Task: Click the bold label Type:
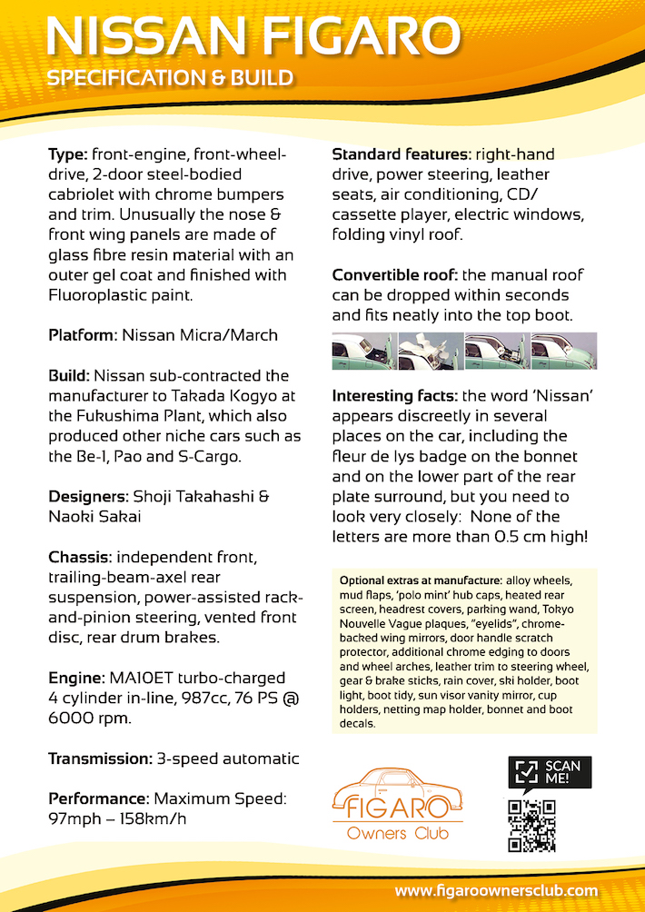coord(68,154)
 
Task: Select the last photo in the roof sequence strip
coord(563,352)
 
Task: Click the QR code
coord(531,825)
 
